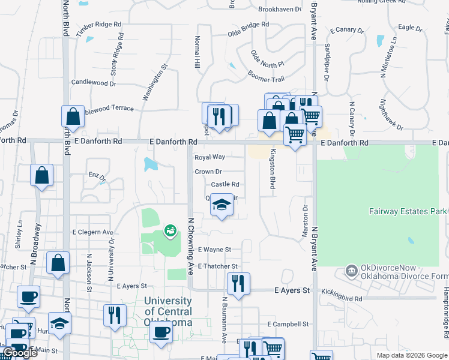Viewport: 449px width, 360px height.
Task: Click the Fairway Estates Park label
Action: point(407,211)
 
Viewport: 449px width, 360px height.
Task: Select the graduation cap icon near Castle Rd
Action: point(221,206)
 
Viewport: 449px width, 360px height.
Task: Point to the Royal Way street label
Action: point(209,157)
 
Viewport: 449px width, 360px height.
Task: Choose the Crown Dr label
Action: point(208,172)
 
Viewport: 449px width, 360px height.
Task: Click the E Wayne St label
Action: point(214,249)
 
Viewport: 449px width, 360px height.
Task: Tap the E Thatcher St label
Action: point(217,266)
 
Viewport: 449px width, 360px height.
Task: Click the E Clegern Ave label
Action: point(93,232)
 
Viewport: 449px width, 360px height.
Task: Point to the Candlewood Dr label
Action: point(93,83)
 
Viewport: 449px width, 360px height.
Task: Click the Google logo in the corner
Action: point(20,353)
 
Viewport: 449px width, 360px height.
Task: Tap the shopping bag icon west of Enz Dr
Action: point(42,176)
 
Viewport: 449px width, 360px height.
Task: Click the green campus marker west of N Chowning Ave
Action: point(170,230)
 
